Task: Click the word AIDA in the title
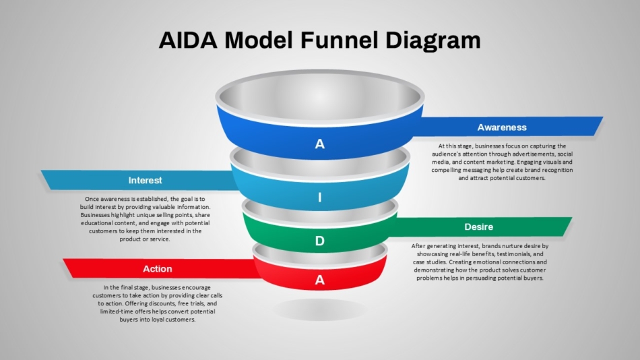(188, 40)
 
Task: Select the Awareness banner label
(502, 127)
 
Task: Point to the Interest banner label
(145, 180)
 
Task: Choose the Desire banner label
(479, 227)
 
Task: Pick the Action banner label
(157, 269)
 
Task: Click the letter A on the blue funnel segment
(320, 144)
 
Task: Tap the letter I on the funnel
(320, 198)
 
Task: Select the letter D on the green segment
(320, 241)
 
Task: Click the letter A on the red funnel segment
(320, 280)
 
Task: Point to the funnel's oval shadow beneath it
(320, 309)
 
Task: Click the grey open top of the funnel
(320, 97)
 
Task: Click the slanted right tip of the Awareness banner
(602, 118)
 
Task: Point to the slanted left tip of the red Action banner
(64, 260)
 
